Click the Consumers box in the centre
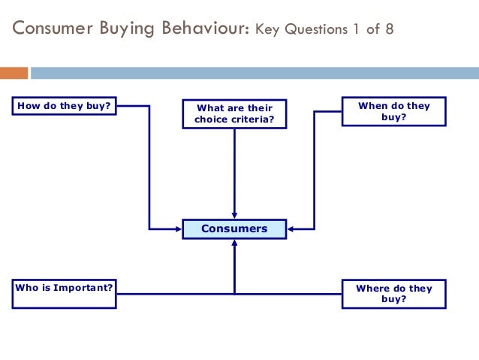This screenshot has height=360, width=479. [234, 228]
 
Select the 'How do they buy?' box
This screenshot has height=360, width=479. [65, 106]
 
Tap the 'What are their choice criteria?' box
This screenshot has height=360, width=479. [234, 113]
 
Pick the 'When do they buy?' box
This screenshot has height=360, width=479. [393, 111]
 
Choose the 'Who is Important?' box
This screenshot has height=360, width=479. [65, 293]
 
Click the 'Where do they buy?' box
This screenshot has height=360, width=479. [393, 293]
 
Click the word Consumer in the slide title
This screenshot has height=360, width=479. [56, 29]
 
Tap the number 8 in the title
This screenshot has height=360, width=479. [387, 31]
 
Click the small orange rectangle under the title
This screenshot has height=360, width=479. [14, 73]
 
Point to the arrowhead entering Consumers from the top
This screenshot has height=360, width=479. [234, 215]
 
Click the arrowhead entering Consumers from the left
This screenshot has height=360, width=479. [178, 228]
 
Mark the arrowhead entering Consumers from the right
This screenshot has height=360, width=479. [291, 228]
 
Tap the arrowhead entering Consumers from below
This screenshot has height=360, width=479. [234, 243]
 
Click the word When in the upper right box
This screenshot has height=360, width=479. [372, 106]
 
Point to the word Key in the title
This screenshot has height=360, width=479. [267, 31]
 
